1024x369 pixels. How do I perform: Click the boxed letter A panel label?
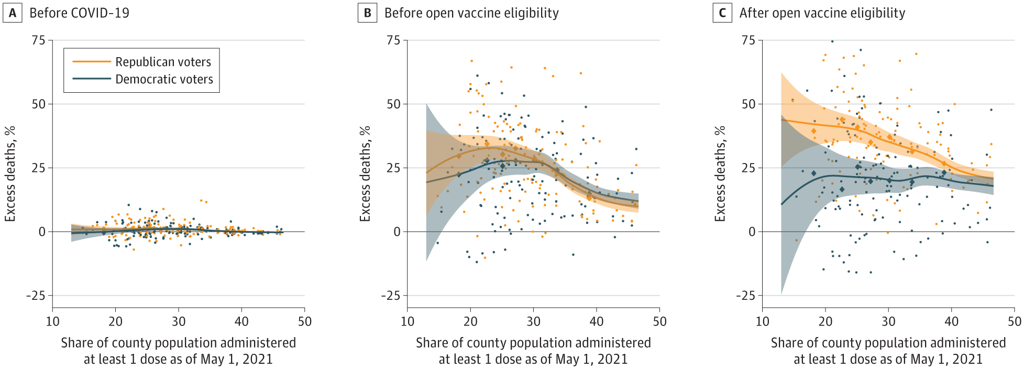pyautogui.click(x=13, y=13)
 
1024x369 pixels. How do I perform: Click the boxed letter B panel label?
pyautogui.click(x=367, y=13)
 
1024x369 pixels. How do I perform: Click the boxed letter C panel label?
pyautogui.click(x=722, y=13)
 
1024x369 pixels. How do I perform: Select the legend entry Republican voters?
pyautogui.click(x=163, y=62)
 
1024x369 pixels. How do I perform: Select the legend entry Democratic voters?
pyautogui.click(x=164, y=79)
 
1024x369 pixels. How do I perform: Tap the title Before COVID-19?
pyautogui.click(x=79, y=13)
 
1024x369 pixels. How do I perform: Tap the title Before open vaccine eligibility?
pyautogui.click(x=471, y=13)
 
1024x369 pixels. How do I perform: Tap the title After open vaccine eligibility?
pyautogui.click(x=822, y=13)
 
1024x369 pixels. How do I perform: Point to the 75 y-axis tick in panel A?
pyautogui.click(x=39, y=40)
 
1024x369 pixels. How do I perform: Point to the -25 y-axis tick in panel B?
pyautogui.click(x=390, y=296)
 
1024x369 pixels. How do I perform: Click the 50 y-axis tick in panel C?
pyautogui.click(x=748, y=104)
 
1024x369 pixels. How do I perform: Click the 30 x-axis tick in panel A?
pyautogui.click(x=179, y=321)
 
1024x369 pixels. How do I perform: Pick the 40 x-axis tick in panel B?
pyautogui.click(x=597, y=321)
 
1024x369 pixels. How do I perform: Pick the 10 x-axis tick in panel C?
pyautogui.click(x=763, y=321)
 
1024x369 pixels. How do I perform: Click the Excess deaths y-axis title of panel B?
pyautogui.click(x=365, y=173)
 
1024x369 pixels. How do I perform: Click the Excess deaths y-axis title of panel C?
pyautogui.click(x=720, y=173)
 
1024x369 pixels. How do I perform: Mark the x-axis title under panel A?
pyautogui.click(x=179, y=351)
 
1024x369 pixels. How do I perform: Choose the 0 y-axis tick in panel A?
pyautogui.click(x=42, y=232)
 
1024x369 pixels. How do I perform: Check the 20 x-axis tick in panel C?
pyautogui.click(x=825, y=321)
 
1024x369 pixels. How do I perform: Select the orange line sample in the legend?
pyautogui.click(x=92, y=62)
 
